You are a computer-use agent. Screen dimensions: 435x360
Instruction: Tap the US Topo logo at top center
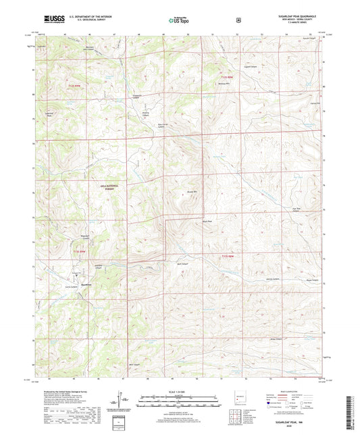click(178, 21)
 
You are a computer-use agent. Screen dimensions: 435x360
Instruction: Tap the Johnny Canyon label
click(272, 279)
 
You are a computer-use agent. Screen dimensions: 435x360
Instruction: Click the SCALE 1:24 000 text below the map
click(180, 393)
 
